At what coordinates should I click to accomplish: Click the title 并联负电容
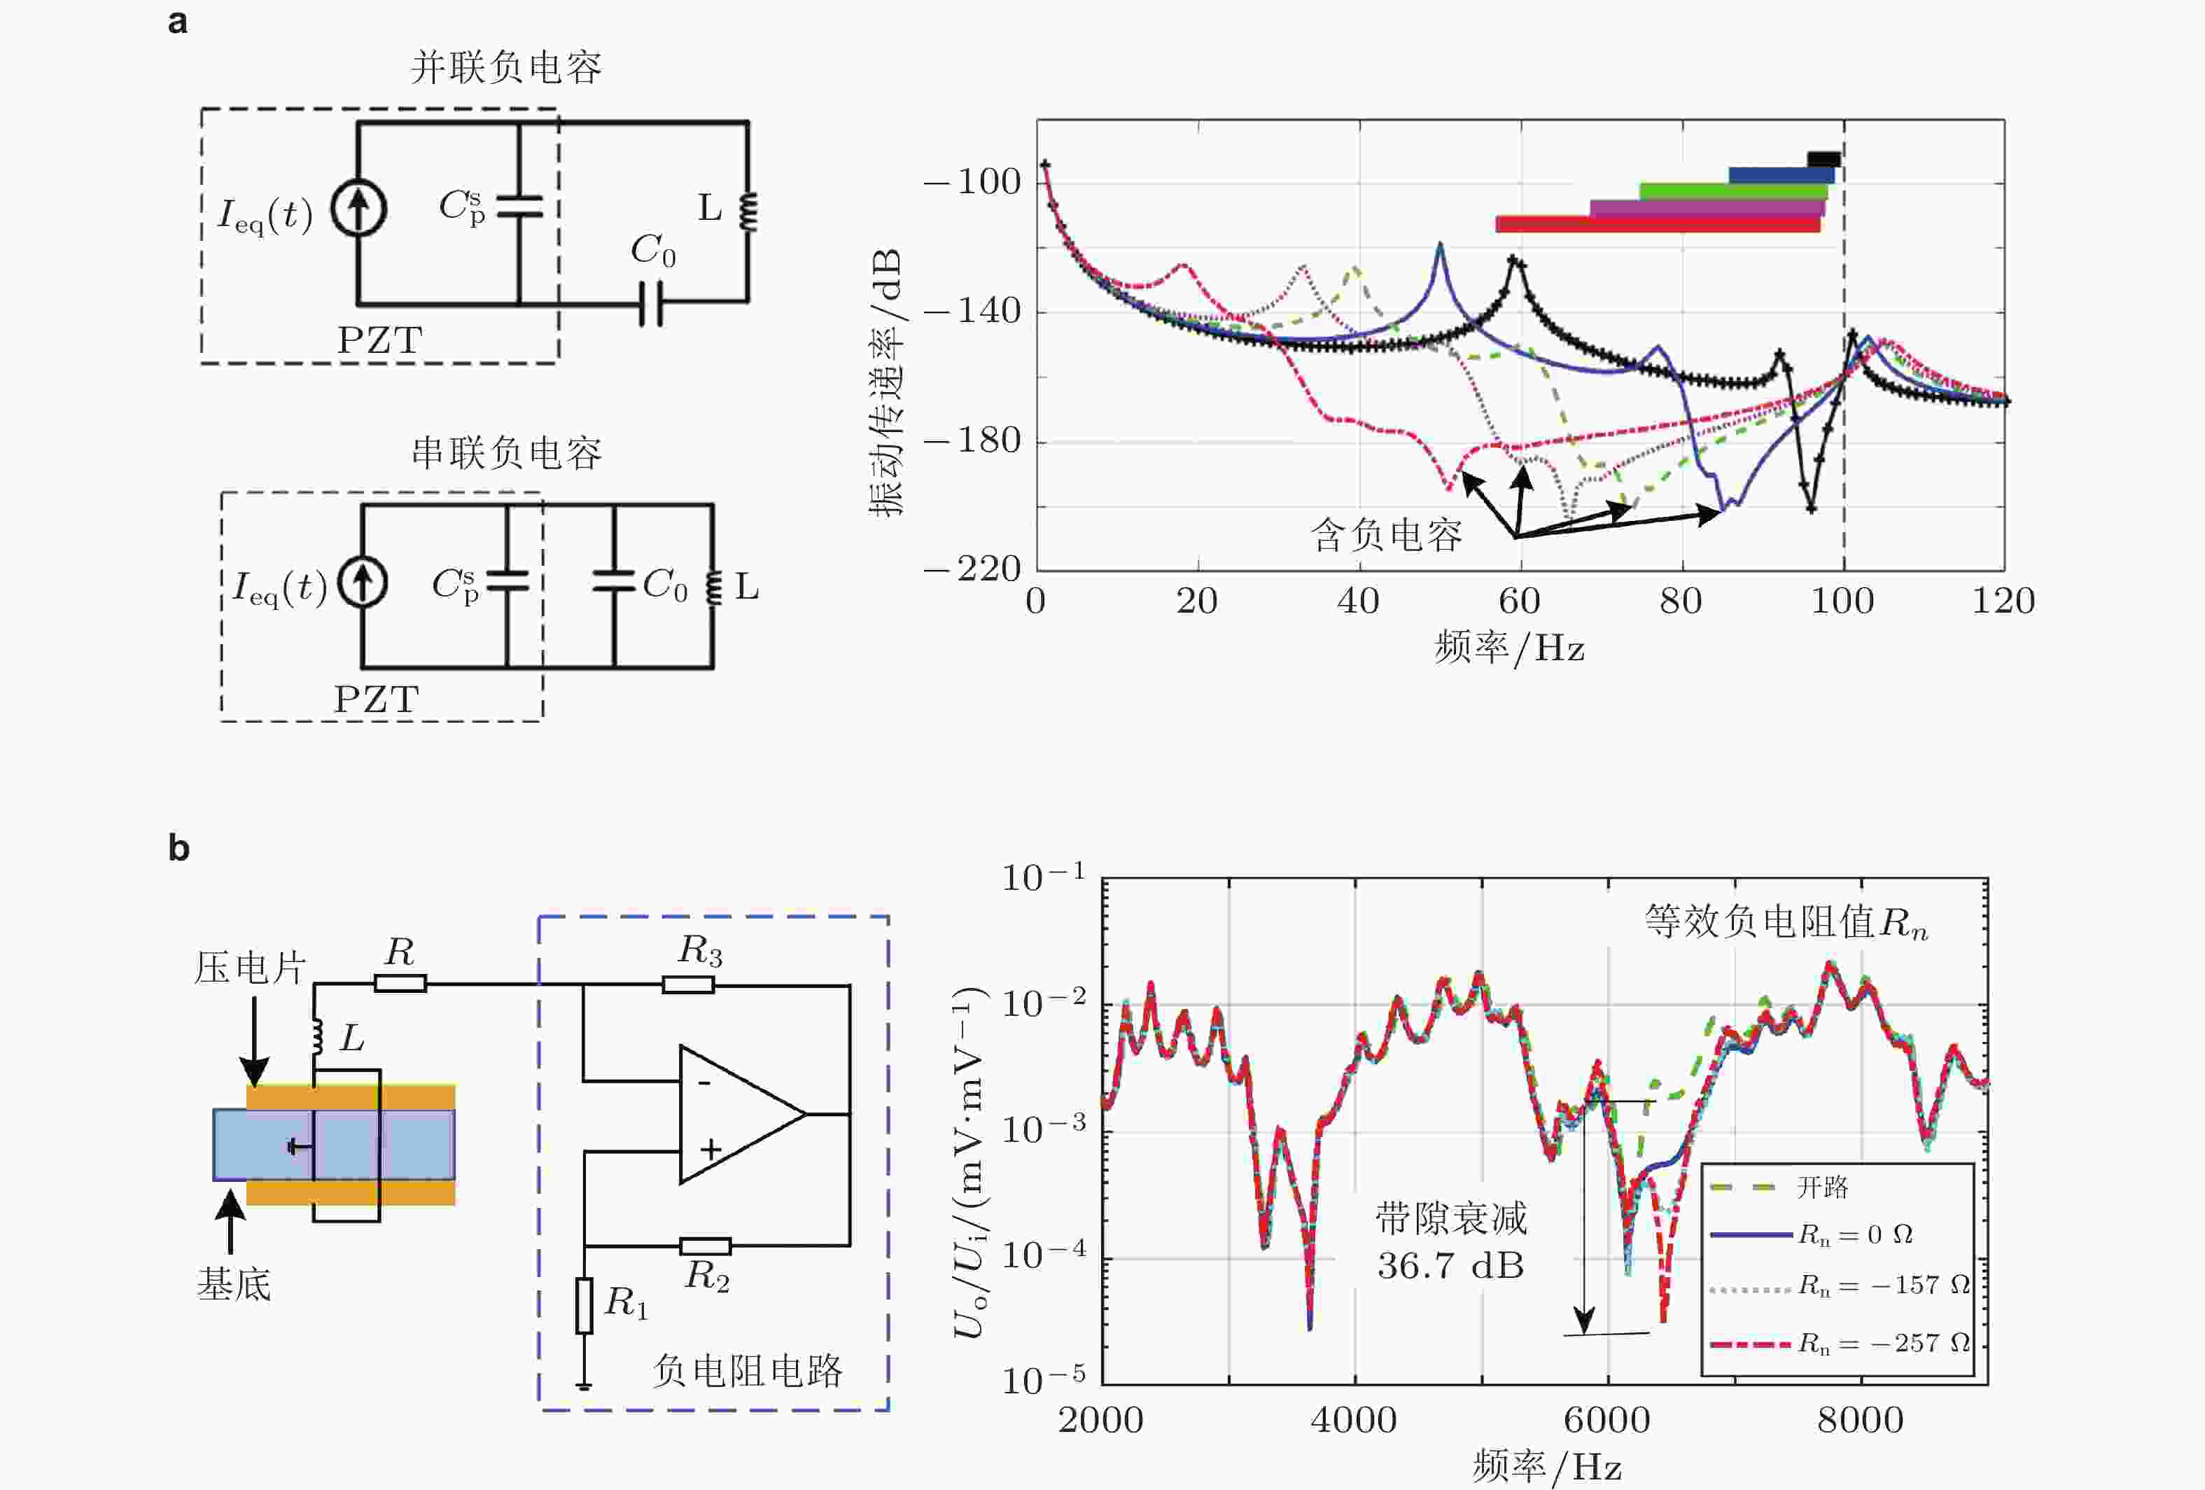pyautogui.click(x=505, y=69)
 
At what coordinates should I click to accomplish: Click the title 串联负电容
pyautogui.click(x=505, y=454)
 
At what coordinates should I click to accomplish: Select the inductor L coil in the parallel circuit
pyautogui.click(x=748, y=211)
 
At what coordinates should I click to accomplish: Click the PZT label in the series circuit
pyautogui.click(x=376, y=700)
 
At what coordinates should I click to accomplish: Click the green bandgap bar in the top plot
pyautogui.click(x=1732, y=190)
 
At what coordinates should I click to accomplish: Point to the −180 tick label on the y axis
pyautogui.click(x=972, y=441)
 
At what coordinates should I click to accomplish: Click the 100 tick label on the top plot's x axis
pyautogui.click(x=1842, y=601)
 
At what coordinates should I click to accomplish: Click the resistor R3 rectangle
pyautogui.click(x=688, y=985)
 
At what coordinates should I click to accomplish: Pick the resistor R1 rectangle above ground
pyautogui.click(x=584, y=1305)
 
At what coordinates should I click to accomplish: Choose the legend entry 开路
pyautogui.click(x=1821, y=1188)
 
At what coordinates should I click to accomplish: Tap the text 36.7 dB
pyautogui.click(x=1450, y=1266)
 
